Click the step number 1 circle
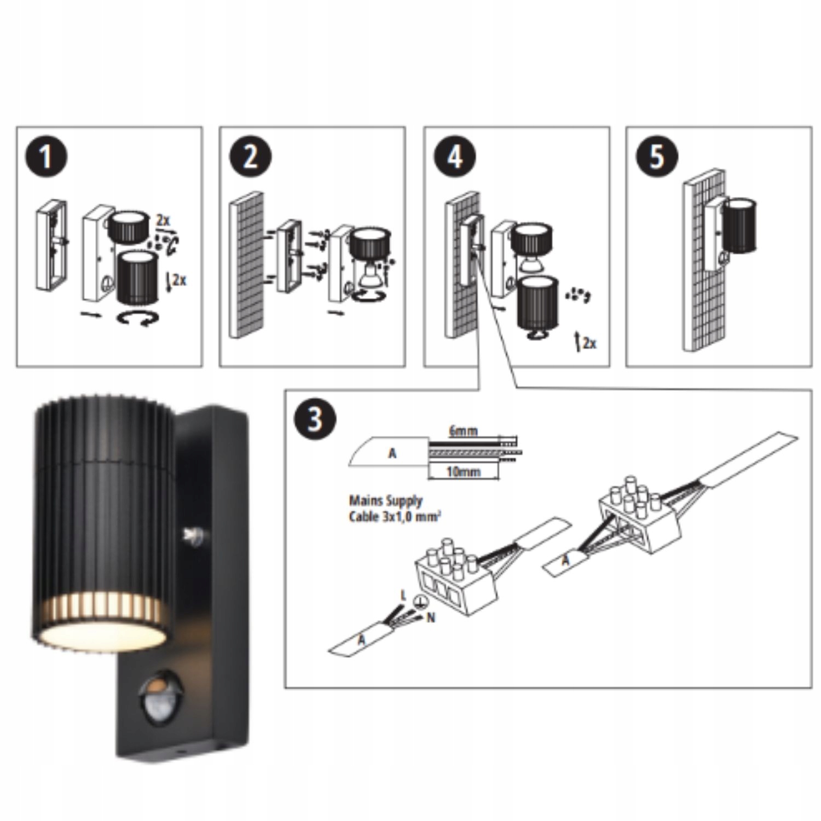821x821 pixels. (x=46, y=157)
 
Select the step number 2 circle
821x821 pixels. (x=250, y=157)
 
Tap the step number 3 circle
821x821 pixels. (x=315, y=419)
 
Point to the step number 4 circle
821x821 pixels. (x=455, y=157)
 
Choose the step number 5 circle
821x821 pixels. (x=657, y=157)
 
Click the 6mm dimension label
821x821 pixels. (x=463, y=431)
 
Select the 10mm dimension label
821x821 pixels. (x=463, y=471)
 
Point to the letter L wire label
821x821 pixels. (x=403, y=594)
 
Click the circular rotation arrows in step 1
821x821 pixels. (x=138, y=320)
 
